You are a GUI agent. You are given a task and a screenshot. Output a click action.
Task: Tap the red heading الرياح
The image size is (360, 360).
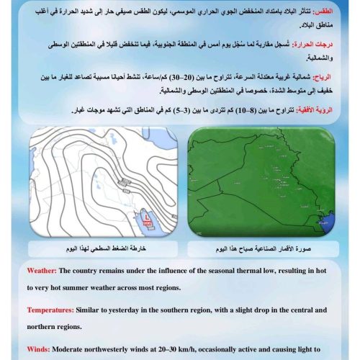coord(333,77)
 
